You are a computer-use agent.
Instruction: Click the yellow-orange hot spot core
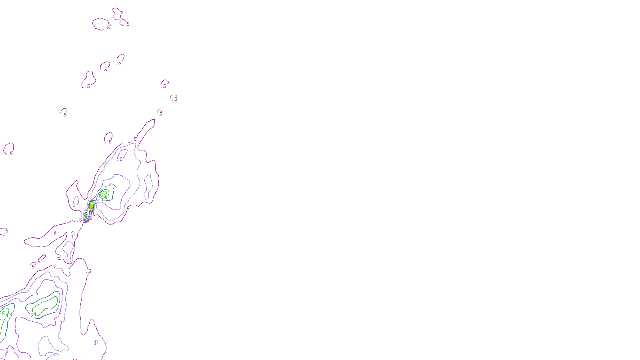(x=92, y=207)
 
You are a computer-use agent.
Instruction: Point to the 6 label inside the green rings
(x=103, y=195)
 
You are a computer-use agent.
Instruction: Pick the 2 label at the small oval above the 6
(x=121, y=159)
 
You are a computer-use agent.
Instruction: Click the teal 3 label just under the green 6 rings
(x=102, y=200)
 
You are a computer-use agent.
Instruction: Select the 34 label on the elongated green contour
(x=34, y=315)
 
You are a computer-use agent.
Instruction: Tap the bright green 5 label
(x=4, y=313)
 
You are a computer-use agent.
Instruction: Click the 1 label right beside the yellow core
(x=96, y=207)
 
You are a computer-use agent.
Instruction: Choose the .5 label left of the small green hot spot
(x=80, y=220)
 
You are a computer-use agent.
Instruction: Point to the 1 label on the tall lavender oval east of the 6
(x=146, y=198)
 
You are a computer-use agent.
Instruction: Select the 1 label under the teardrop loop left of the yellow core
(x=74, y=205)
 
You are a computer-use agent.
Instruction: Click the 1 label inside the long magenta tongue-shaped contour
(x=55, y=233)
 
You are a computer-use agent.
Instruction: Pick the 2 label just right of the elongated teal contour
(x=60, y=312)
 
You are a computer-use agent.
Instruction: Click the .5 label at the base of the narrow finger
(x=135, y=139)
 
